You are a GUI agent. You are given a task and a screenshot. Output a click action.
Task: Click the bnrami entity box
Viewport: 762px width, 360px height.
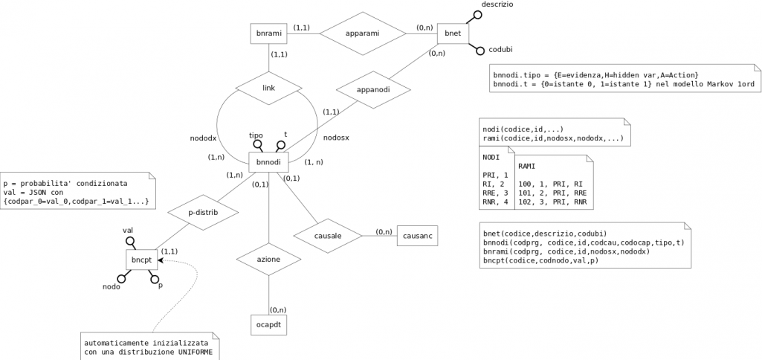(x=267, y=33)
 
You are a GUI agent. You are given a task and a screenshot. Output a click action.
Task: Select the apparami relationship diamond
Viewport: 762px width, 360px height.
(x=362, y=33)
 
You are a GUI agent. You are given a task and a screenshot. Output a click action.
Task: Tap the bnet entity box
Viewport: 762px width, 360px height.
(x=452, y=33)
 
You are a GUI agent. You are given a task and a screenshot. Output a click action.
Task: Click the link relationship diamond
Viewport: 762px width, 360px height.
(x=268, y=88)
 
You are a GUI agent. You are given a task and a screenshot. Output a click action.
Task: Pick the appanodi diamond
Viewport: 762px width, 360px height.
(x=373, y=89)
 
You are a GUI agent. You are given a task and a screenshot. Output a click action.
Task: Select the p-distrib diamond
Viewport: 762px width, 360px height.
(x=202, y=213)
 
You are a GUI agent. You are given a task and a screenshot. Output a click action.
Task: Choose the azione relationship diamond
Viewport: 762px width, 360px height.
(x=268, y=260)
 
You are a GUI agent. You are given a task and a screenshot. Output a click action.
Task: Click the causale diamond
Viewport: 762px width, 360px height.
(x=327, y=236)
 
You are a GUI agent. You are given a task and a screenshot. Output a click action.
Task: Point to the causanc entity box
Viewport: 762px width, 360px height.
(x=418, y=236)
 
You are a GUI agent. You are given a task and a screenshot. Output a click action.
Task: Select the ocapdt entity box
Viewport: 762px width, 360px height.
(x=268, y=325)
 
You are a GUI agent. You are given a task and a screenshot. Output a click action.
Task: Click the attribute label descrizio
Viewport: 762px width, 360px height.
(x=497, y=4)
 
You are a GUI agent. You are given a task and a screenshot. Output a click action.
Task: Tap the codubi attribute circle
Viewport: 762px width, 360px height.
(x=480, y=51)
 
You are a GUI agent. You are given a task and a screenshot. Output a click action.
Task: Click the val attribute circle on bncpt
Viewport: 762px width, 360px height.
(x=129, y=242)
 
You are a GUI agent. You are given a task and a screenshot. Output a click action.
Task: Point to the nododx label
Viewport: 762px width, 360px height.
(x=203, y=138)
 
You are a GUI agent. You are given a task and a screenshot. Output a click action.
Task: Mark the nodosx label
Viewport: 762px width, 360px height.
(x=336, y=138)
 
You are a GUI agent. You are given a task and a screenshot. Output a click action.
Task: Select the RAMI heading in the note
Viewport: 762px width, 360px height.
(x=527, y=166)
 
